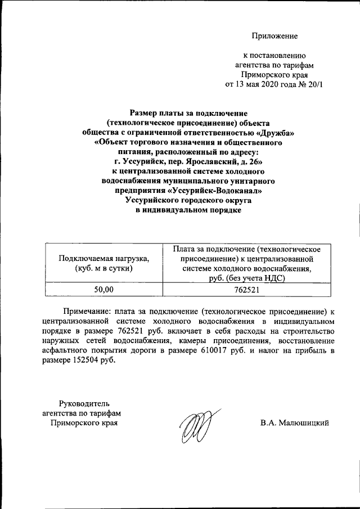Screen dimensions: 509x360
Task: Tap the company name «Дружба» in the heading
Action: click(275, 133)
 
